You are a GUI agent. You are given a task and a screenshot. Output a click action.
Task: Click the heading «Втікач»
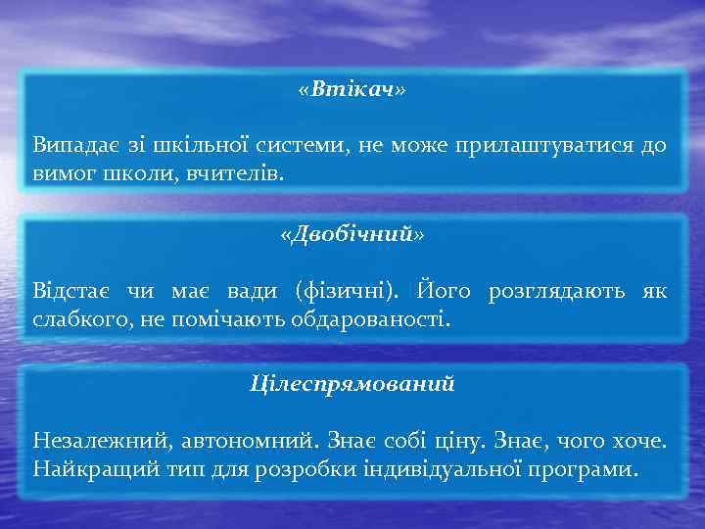click(x=352, y=90)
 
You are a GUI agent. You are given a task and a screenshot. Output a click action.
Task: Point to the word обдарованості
click(x=375, y=318)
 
